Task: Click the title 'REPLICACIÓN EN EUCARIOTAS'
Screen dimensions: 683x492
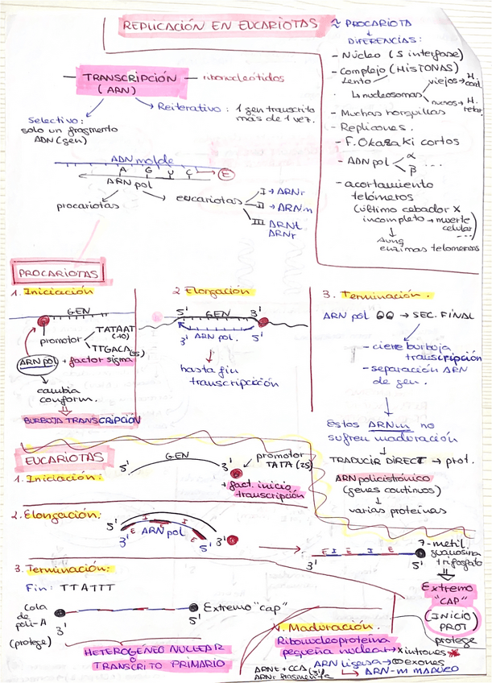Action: tap(219, 26)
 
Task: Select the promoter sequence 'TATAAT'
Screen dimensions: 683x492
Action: tap(115, 329)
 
